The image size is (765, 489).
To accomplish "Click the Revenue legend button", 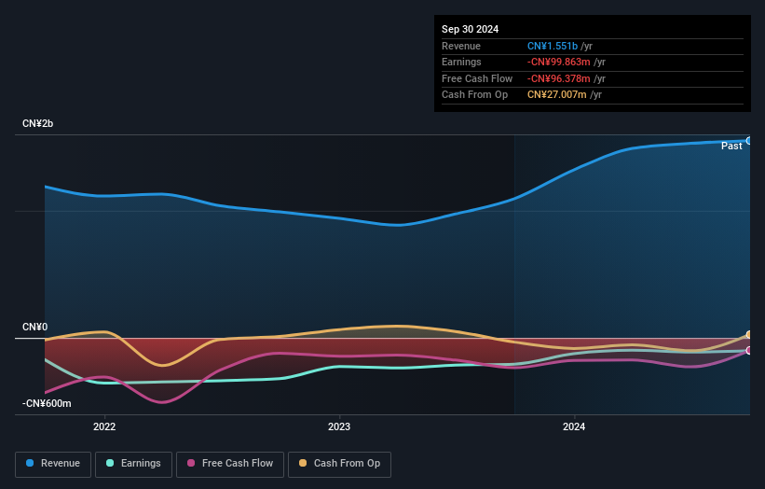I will point(53,464).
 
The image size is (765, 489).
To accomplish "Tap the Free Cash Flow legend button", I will point(229,464).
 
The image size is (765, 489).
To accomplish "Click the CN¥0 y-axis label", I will point(35,328).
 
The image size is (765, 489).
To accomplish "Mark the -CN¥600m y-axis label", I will point(46,404).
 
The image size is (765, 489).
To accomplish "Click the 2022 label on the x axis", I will point(104,427).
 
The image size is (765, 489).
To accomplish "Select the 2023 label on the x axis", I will point(339,427).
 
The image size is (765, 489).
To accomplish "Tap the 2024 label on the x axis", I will point(575,427).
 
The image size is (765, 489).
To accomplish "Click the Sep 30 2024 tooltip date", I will point(470,29).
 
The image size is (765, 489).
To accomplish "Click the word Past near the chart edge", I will point(731,147).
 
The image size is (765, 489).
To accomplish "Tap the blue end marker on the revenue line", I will point(749,141).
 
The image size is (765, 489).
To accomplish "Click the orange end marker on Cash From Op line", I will point(749,335).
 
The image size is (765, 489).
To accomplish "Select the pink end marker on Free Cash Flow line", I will point(749,351).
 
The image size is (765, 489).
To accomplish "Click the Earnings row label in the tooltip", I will point(461,63).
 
